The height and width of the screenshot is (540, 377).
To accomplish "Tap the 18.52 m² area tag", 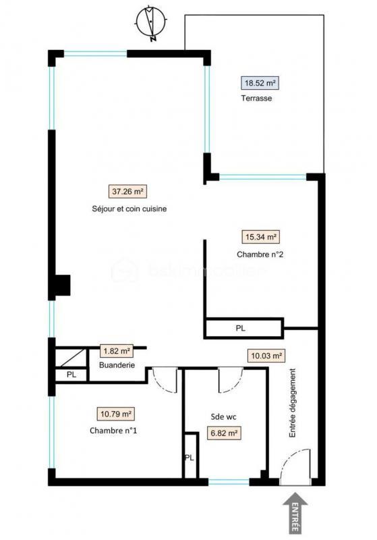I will (x=260, y=84).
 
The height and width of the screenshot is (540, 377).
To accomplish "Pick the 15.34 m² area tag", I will (x=260, y=237).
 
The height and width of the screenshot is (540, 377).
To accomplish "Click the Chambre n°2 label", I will (x=259, y=254).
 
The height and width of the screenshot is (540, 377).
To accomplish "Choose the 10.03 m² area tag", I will (x=266, y=356).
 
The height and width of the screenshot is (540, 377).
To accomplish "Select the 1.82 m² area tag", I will (x=117, y=351).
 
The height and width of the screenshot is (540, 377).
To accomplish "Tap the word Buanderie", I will (x=117, y=365).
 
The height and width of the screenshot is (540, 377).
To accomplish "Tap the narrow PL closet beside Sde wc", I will (x=190, y=456).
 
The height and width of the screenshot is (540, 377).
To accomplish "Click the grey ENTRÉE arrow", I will (x=295, y=512).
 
